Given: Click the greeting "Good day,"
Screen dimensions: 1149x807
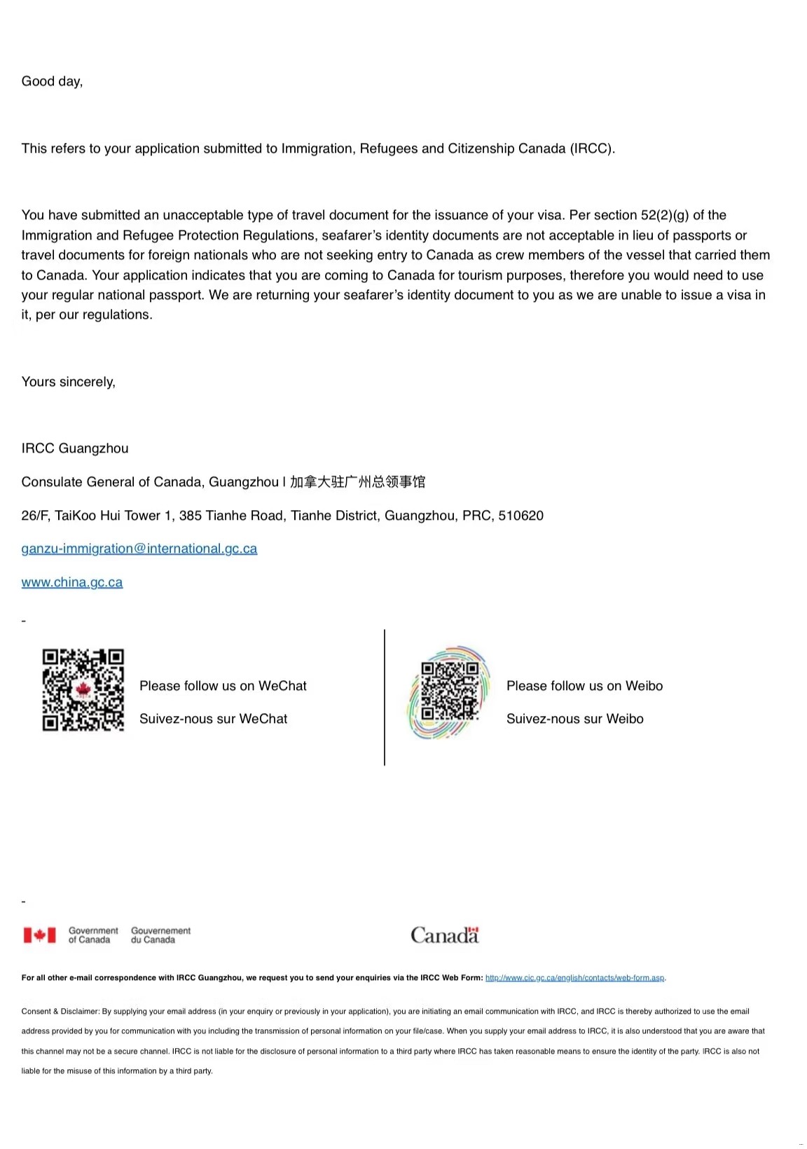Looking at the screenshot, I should pos(52,81).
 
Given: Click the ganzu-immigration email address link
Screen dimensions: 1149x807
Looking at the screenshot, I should pos(139,549).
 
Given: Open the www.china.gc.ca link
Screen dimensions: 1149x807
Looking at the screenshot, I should pos(71,582).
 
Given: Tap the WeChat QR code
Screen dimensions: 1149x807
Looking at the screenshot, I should pos(83,690).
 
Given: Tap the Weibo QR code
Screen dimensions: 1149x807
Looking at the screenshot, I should pos(449,692).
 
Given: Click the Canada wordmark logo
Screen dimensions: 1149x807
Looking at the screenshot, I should pos(444,935).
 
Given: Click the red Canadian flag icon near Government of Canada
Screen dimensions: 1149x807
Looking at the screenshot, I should pos(39,935).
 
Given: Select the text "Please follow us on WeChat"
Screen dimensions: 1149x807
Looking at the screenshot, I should pos(223,686).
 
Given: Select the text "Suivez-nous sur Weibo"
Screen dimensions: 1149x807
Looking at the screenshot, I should pos(574,719).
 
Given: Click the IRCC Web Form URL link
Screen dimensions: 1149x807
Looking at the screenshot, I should pos(574,978).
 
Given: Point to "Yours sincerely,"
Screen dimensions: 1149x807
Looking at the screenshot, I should pos(68,382).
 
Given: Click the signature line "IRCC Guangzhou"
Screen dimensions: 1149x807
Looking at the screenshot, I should pos(74,448).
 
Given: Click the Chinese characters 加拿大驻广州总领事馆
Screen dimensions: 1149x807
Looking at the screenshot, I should pos(357,482).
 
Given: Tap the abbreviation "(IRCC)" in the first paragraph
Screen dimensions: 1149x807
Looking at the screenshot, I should pos(592,149).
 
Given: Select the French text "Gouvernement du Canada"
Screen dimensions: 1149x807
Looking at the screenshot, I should pos(160,935).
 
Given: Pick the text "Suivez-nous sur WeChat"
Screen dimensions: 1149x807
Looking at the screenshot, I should pos(213,719).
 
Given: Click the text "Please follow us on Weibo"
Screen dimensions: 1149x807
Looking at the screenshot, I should pos(584,686).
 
